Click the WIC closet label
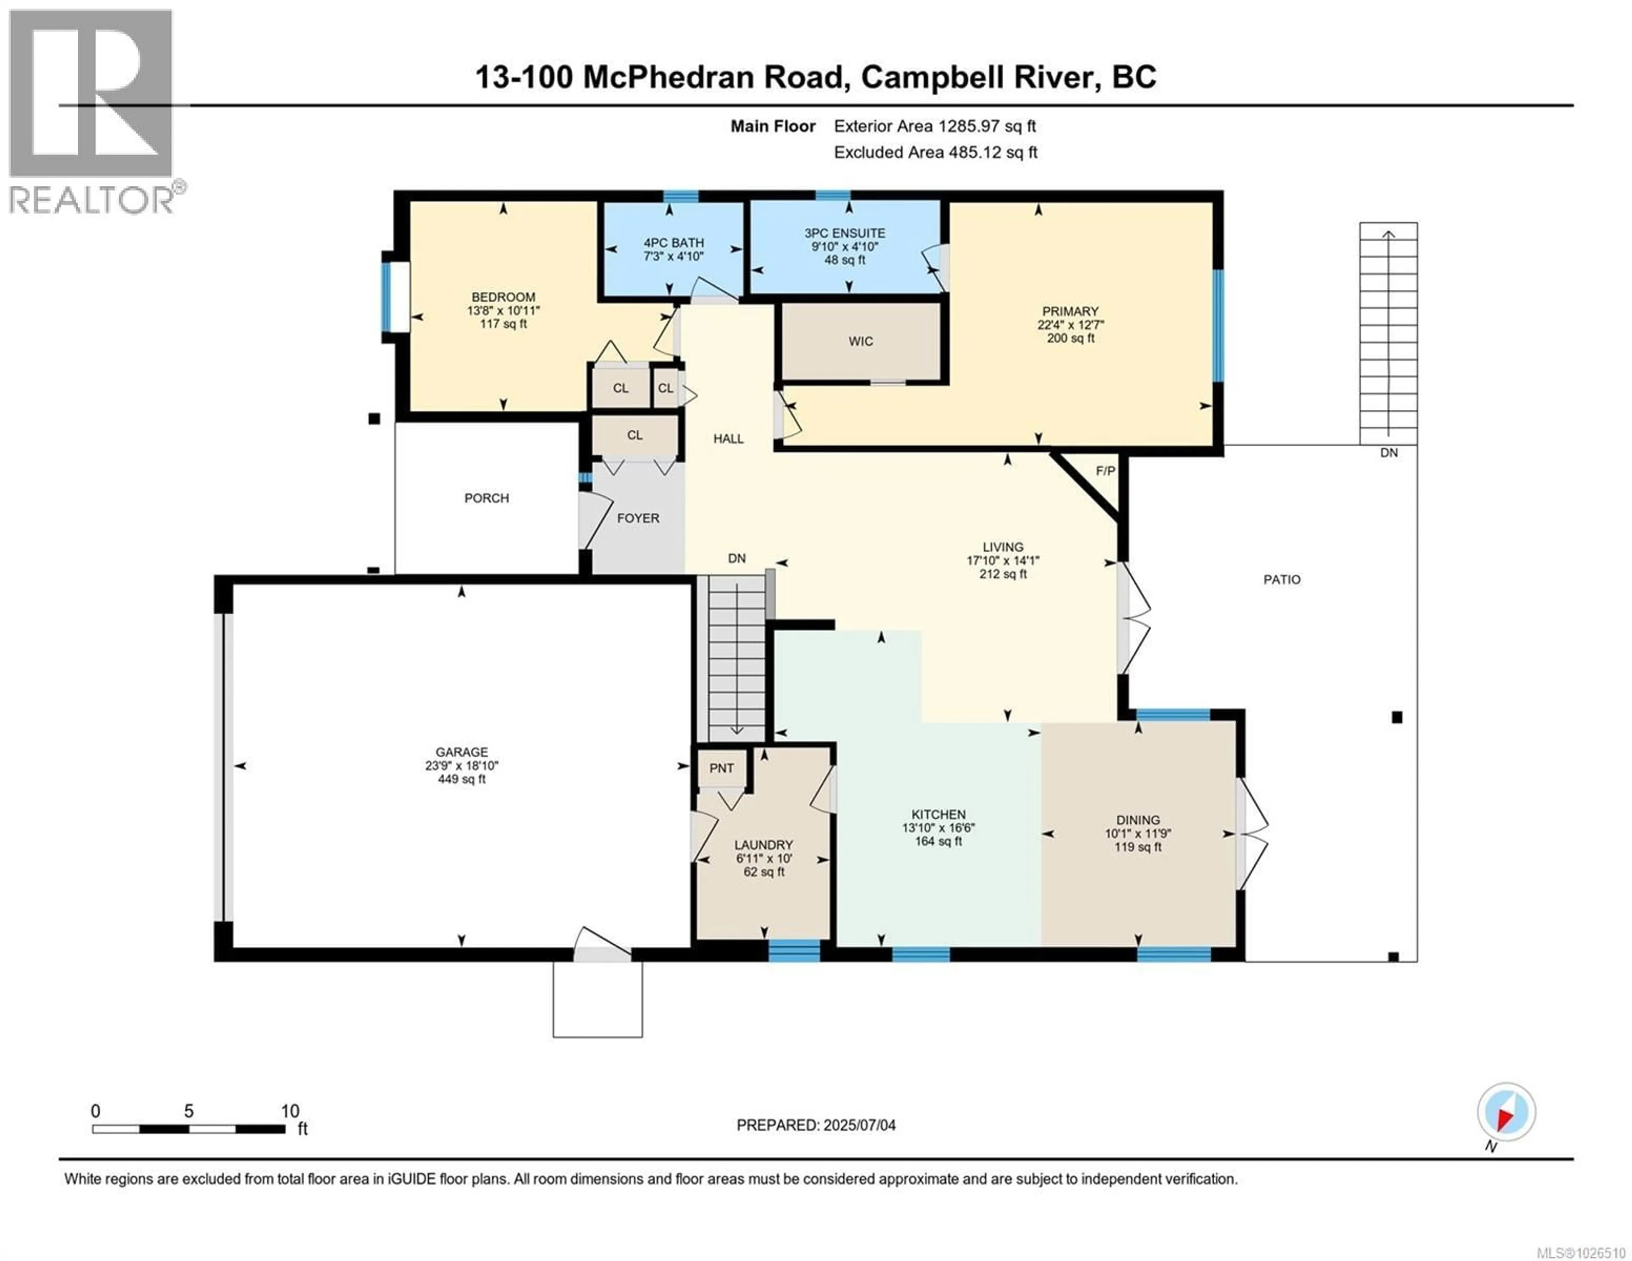point(860,342)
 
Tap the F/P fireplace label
point(1105,471)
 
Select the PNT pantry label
point(721,768)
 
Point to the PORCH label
point(487,498)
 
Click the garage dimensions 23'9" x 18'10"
point(462,765)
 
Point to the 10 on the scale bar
point(290,1111)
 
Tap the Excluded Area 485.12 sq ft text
point(935,153)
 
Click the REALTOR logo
point(91,112)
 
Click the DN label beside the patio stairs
point(1388,453)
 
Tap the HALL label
point(728,439)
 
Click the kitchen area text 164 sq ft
point(938,842)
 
